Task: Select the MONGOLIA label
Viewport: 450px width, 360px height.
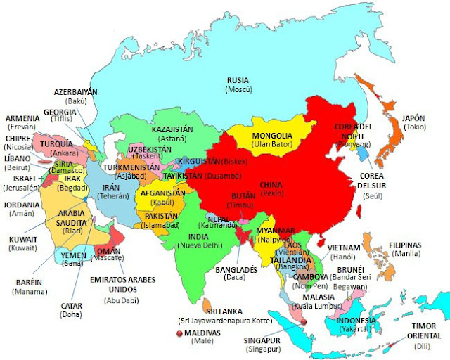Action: point(272,135)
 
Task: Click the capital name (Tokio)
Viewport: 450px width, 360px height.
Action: point(413,127)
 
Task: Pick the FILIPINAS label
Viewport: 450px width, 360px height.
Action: point(405,245)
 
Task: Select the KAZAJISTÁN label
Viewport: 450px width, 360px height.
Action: point(173,129)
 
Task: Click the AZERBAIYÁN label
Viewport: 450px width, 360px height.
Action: point(75,92)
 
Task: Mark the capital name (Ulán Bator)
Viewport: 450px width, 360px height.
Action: point(272,145)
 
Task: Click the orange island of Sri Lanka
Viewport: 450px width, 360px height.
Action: point(208,306)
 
